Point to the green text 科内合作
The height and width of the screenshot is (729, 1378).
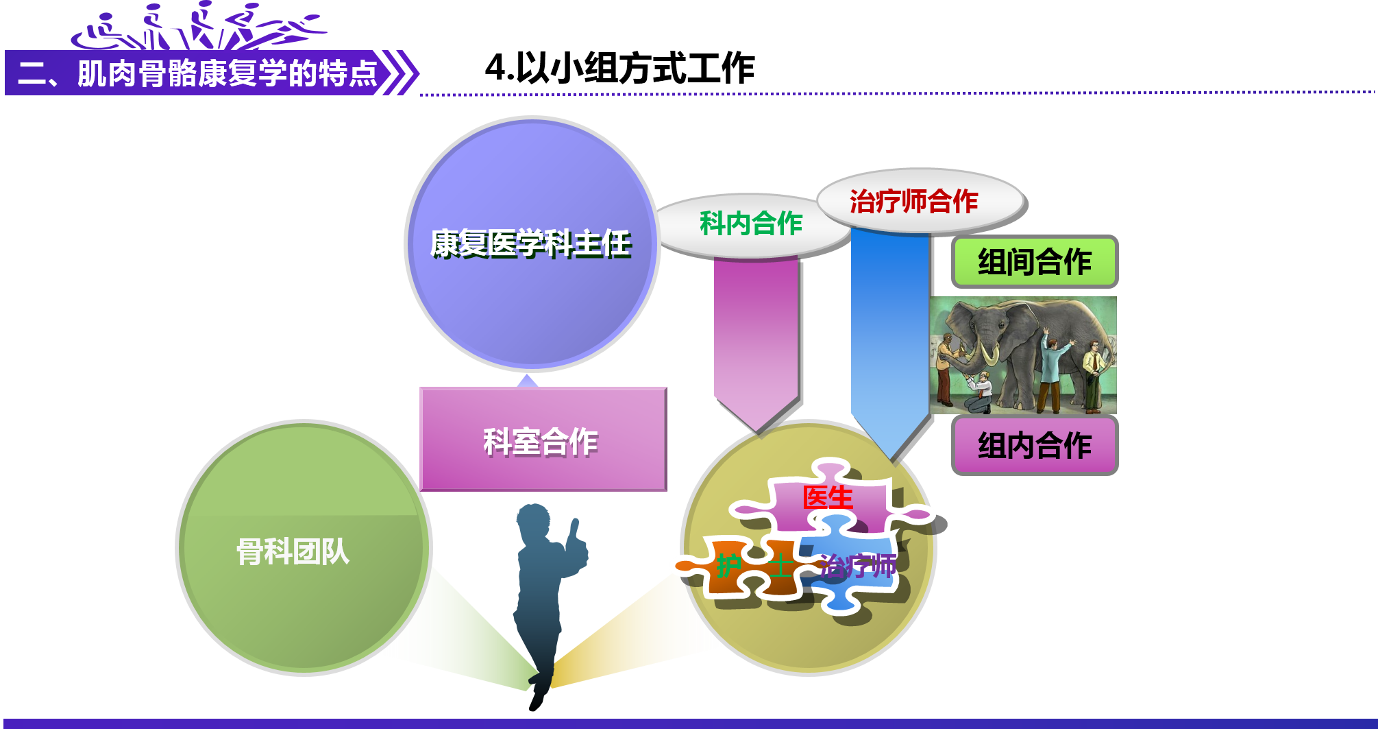coord(751,224)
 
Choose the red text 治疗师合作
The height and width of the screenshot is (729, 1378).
coord(914,202)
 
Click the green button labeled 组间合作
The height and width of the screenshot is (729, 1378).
coord(1034,262)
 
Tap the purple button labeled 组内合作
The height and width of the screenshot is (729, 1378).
coord(1034,446)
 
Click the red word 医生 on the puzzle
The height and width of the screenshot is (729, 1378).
coord(828,498)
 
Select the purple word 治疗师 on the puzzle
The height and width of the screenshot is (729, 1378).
coord(859,566)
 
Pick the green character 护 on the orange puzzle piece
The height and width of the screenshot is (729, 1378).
coord(728,566)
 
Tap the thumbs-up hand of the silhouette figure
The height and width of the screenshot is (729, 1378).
coord(576,542)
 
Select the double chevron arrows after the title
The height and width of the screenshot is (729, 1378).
coord(400,73)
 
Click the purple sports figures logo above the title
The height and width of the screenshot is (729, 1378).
coord(199,27)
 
